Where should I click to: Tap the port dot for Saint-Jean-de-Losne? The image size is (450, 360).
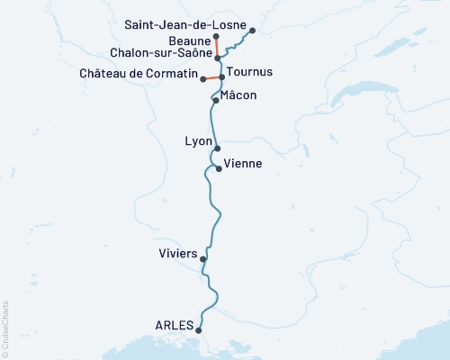252,31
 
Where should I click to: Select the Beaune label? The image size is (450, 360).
189,41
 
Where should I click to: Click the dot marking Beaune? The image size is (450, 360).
217,37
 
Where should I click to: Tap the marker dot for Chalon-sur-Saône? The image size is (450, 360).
218,58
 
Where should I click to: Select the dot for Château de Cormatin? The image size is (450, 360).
203,81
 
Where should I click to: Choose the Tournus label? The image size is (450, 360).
249,71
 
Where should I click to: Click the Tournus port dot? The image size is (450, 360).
221,77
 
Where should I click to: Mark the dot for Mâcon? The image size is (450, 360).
216,101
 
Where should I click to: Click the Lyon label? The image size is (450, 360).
198,141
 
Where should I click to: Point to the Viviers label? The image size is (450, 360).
176,254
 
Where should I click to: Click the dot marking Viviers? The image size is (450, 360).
203,259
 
